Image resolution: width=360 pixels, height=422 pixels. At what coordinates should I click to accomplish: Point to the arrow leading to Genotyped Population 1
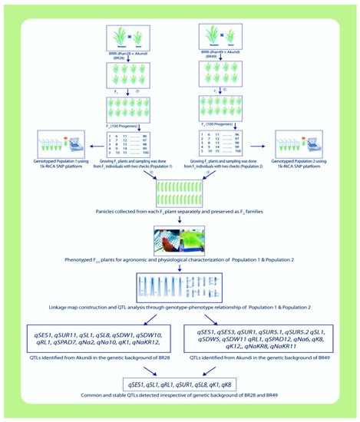pos(86,143)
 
